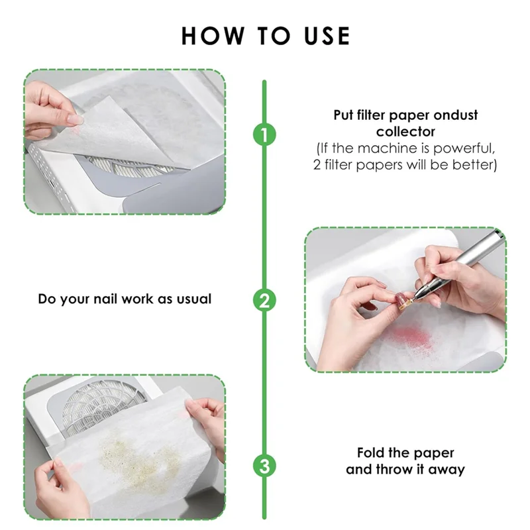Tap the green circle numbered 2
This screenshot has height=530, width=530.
264,300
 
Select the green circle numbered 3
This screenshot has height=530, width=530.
264,466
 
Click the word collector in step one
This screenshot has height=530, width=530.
405,131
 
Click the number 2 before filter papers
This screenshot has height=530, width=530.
317,164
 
